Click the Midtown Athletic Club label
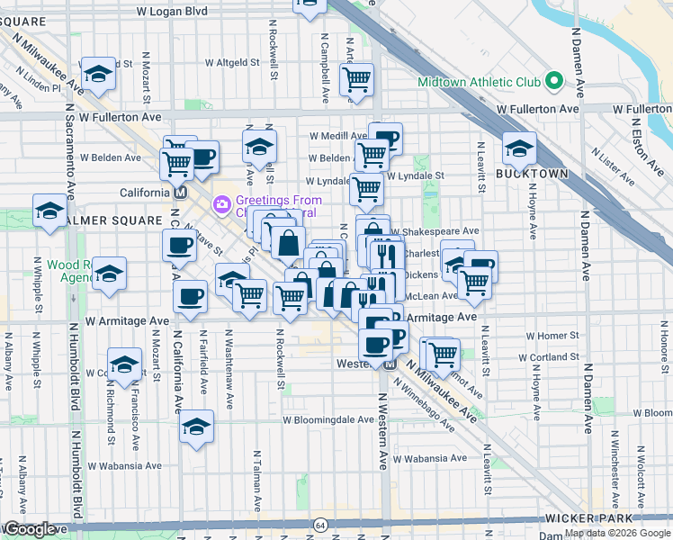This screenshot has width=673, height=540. [x=479, y=83]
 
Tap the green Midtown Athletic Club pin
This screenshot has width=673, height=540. [x=555, y=83]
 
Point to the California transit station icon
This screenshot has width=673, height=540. [x=180, y=193]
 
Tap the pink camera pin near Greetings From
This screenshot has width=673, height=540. [x=222, y=206]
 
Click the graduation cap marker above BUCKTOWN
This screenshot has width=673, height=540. [x=519, y=148]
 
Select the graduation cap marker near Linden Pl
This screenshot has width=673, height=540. [x=97, y=74]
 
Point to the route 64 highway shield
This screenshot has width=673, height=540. [x=320, y=524]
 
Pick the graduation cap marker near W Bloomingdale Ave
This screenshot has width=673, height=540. [x=195, y=428]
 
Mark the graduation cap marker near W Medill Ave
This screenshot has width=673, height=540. [x=259, y=146]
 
